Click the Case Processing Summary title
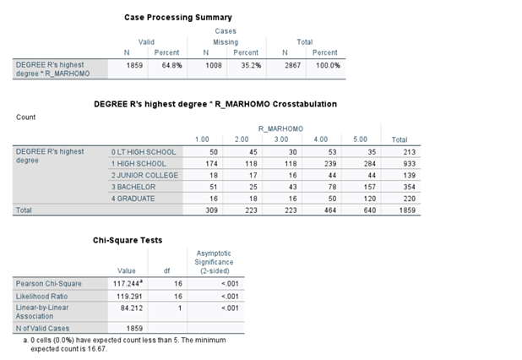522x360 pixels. point(177,17)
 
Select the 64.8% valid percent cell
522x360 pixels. point(171,64)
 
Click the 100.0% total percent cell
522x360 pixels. point(328,64)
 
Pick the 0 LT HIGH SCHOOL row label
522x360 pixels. point(144,151)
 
